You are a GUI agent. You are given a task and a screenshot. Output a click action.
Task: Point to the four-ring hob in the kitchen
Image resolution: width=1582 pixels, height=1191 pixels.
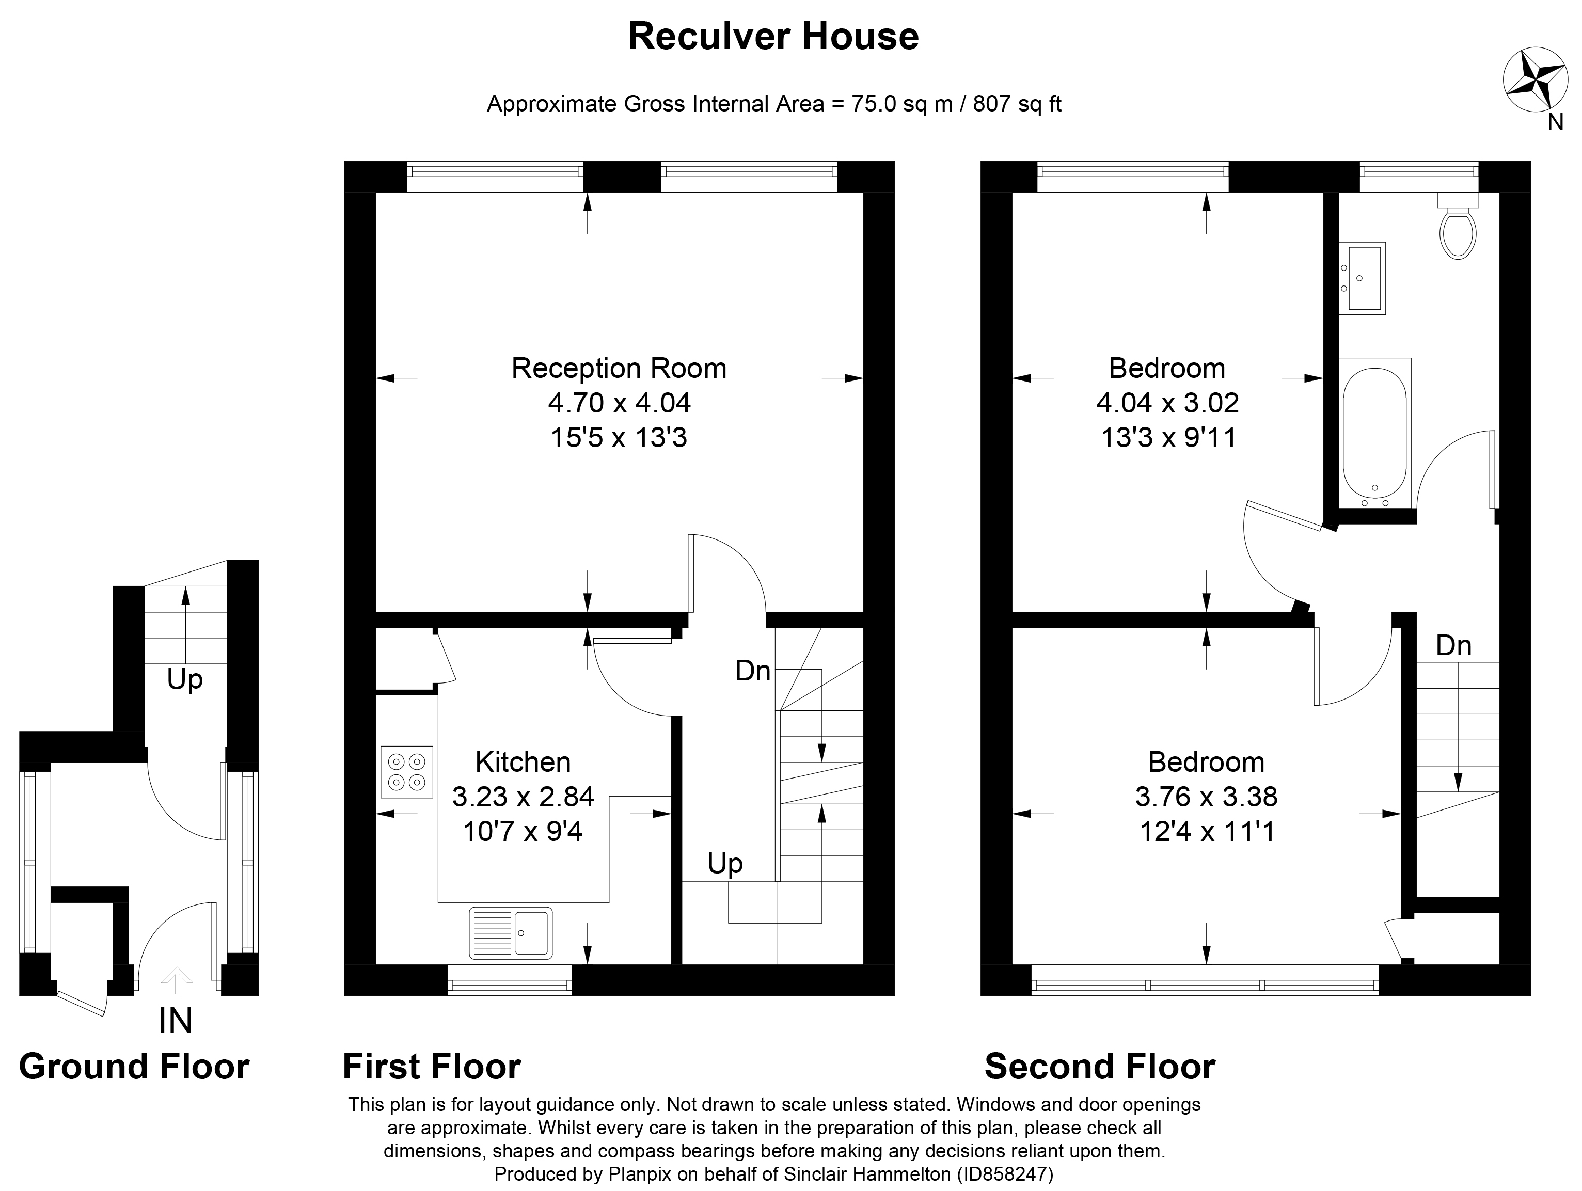pyautogui.click(x=407, y=772)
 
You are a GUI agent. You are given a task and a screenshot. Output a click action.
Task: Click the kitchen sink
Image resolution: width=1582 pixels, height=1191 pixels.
pyautogui.click(x=511, y=933)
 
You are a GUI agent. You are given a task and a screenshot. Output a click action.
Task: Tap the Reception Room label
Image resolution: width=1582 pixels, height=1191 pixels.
pyautogui.click(x=619, y=369)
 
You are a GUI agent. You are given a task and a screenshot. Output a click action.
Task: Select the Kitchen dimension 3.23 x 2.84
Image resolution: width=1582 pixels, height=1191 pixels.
pyautogui.click(x=523, y=796)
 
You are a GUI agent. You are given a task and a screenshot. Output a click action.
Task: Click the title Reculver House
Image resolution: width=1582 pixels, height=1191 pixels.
pyautogui.click(x=773, y=37)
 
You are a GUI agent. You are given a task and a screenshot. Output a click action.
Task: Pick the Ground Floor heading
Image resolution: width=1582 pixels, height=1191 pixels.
pyautogui.click(x=134, y=1067)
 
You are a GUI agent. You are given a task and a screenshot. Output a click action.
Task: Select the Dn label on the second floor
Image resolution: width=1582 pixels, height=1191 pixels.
pyautogui.click(x=1453, y=646)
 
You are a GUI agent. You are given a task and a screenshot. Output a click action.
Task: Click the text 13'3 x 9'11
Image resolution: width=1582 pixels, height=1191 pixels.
pyautogui.click(x=1168, y=438)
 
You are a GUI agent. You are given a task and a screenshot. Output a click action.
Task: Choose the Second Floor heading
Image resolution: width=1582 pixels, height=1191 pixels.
pyautogui.click(x=1099, y=1067)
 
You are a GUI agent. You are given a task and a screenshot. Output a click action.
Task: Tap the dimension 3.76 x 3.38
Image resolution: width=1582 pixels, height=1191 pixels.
pyautogui.click(x=1206, y=796)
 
